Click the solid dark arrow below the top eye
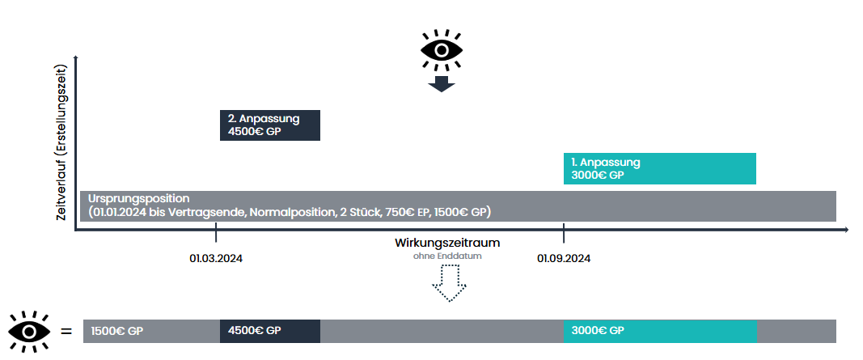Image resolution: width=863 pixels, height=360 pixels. pyautogui.click(x=441, y=83)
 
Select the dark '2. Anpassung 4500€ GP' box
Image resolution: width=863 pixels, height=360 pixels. pyautogui.click(x=270, y=125)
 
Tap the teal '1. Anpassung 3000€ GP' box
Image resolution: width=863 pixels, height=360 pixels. pyautogui.click(x=659, y=168)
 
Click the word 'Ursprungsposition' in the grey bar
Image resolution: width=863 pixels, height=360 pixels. pyautogui.click(x=138, y=198)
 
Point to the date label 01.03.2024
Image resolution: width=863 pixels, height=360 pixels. pyautogui.click(x=217, y=259)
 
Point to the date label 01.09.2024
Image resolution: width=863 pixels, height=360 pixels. pyautogui.click(x=564, y=259)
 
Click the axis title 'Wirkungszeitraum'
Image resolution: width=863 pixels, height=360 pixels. pyautogui.click(x=447, y=243)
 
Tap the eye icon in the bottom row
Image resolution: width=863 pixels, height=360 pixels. pyautogui.click(x=31, y=331)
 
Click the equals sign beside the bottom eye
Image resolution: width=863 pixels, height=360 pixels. pyautogui.click(x=66, y=331)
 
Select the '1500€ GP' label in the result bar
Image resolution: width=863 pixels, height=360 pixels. pyautogui.click(x=117, y=331)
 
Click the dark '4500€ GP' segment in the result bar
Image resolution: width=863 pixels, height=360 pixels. pyautogui.click(x=269, y=331)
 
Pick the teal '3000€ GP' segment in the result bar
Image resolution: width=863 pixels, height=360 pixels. pyautogui.click(x=659, y=331)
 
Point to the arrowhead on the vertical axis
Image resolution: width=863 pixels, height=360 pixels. pyautogui.click(x=75, y=58)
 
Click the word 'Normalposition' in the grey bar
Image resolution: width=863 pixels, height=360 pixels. pyautogui.click(x=286, y=212)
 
